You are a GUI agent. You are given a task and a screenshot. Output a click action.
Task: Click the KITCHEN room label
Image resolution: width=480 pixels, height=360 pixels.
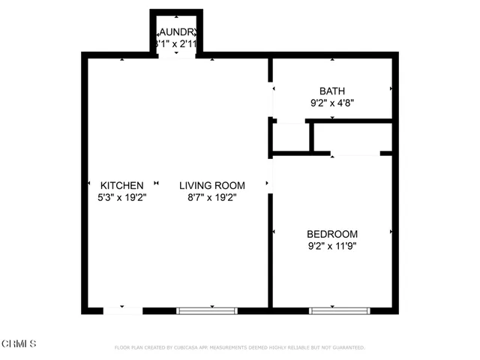122,185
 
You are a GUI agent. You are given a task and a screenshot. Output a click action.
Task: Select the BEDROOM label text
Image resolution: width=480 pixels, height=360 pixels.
332,234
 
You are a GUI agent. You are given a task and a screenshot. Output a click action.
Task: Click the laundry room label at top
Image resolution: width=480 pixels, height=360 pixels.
177,32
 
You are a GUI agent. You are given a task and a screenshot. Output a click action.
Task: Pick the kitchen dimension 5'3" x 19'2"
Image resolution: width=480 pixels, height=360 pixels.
122,198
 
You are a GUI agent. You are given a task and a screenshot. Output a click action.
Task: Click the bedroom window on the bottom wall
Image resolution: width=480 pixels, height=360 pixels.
339,310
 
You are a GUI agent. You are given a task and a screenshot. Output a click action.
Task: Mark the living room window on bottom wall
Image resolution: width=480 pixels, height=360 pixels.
206,310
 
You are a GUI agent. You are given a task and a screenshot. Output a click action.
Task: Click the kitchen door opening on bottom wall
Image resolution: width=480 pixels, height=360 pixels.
122,310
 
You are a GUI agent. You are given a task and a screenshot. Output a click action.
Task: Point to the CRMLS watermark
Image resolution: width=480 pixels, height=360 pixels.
19,343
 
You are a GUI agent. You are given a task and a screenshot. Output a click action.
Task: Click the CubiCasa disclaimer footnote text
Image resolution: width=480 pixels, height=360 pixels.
239,348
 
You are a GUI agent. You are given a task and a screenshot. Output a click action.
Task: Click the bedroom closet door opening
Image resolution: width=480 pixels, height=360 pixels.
355,154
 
